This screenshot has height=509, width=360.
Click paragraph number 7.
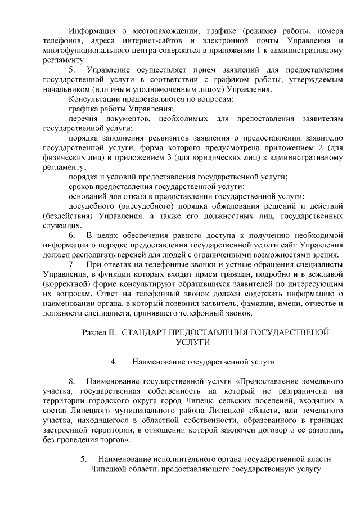[x=72, y=264]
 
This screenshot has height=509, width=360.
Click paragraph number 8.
[x=72, y=380]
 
